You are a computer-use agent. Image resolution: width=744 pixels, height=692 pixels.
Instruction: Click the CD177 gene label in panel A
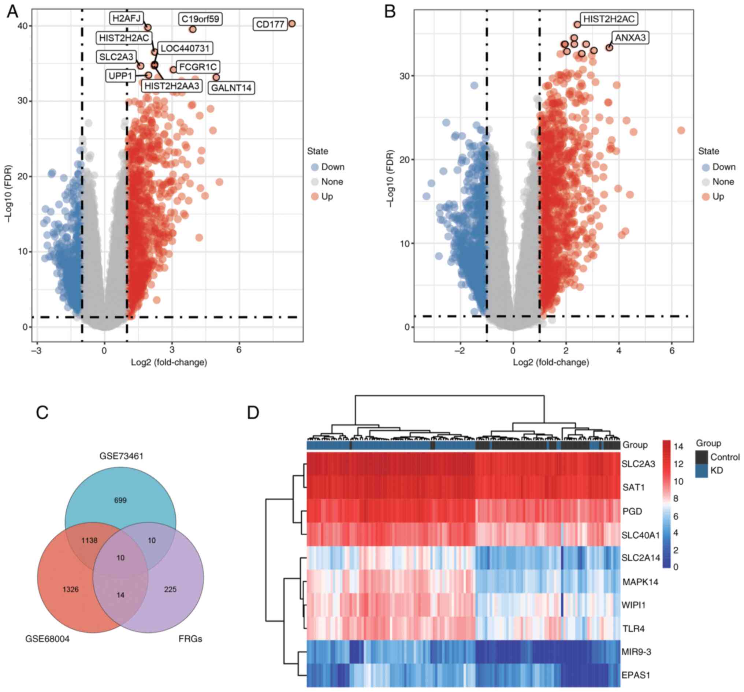coord(270,25)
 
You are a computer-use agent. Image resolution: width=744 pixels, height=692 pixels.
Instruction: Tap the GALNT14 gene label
coord(231,88)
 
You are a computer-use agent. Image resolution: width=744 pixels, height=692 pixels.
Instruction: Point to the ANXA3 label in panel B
coord(630,38)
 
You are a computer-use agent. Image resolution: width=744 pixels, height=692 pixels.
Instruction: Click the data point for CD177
coord(292,24)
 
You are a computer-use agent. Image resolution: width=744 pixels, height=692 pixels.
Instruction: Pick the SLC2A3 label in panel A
coord(116,57)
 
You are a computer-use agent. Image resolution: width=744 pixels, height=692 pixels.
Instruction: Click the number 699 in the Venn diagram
coord(120,500)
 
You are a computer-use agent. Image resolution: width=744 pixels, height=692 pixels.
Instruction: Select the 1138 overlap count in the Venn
coord(89,540)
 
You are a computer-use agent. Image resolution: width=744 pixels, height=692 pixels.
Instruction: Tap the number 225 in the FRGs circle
coord(170,590)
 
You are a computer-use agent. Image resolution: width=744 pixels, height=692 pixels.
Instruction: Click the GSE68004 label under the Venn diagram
coord(48,639)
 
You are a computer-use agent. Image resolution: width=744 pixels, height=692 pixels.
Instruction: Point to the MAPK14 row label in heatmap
coord(640,582)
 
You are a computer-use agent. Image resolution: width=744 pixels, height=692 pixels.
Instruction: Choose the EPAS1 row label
coord(636,675)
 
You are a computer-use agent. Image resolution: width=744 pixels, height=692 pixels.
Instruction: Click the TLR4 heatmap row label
coord(633,629)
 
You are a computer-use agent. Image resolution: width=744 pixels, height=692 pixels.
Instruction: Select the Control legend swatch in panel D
coord(702,457)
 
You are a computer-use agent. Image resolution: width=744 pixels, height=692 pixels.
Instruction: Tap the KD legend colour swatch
coord(702,471)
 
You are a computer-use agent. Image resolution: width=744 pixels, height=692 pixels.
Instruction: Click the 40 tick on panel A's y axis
coord(23,26)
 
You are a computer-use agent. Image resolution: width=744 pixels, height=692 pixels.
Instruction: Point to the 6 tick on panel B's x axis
coord(672,351)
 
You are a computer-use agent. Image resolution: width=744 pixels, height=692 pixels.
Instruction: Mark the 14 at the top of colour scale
coord(678,446)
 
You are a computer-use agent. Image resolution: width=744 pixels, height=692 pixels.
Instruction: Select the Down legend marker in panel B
coord(706,167)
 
